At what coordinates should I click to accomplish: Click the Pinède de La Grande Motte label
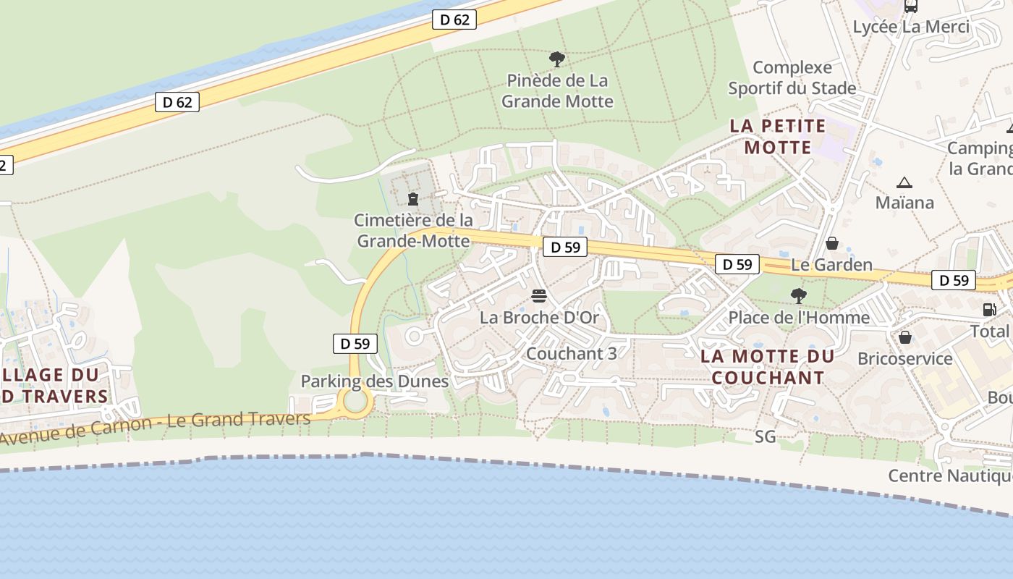[x=557, y=90]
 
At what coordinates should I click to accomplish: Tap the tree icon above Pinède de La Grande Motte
[x=556, y=59]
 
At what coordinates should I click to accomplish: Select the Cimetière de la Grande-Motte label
[x=413, y=230]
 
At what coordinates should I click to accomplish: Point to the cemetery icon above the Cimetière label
[x=413, y=198]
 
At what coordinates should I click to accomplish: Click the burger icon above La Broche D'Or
[x=538, y=295]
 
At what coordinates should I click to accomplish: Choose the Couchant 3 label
[x=572, y=354]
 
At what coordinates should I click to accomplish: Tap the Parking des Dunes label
[x=375, y=381]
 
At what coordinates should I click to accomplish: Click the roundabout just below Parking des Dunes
[x=355, y=400]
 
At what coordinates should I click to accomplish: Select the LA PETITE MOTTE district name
[x=778, y=136]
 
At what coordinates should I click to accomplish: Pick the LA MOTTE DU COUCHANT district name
[x=768, y=367]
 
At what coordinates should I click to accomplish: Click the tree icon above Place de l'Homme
[x=799, y=295]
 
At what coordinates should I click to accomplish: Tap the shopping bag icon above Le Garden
[x=832, y=242]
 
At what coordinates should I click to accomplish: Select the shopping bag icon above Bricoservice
[x=904, y=337]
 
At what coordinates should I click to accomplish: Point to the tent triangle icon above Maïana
[x=904, y=182]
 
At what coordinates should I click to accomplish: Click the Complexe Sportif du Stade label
[x=792, y=77]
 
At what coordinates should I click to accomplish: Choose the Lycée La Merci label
[x=911, y=27]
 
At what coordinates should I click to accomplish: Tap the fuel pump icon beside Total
[x=989, y=309]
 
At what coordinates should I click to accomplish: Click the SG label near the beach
[x=765, y=436]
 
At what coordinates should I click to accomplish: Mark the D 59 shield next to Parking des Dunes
[x=355, y=344]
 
